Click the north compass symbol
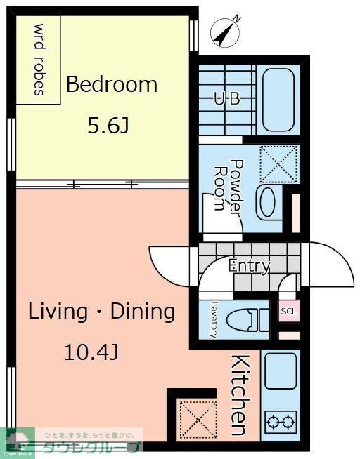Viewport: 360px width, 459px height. point(225,32)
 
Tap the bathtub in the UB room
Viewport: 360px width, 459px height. point(278,100)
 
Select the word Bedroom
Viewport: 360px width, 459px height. point(112,84)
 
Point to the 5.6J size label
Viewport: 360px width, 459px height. point(108,126)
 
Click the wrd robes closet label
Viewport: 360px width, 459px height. point(40,60)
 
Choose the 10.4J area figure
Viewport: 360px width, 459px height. point(91,352)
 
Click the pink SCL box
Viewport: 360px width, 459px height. point(289,311)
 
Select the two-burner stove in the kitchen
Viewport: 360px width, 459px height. point(281,422)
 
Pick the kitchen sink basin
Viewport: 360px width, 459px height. point(281,371)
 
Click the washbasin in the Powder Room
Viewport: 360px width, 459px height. point(269,202)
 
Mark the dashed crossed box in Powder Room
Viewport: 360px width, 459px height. point(278,164)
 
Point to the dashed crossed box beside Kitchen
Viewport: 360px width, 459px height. point(198,420)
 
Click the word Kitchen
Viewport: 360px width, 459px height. point(241,395)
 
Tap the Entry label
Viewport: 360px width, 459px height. point(249,266)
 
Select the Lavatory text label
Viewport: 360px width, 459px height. point(215,319)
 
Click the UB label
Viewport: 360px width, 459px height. point(227,99)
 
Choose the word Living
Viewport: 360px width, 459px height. point(58,312)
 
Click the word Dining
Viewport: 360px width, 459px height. point(143,312)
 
